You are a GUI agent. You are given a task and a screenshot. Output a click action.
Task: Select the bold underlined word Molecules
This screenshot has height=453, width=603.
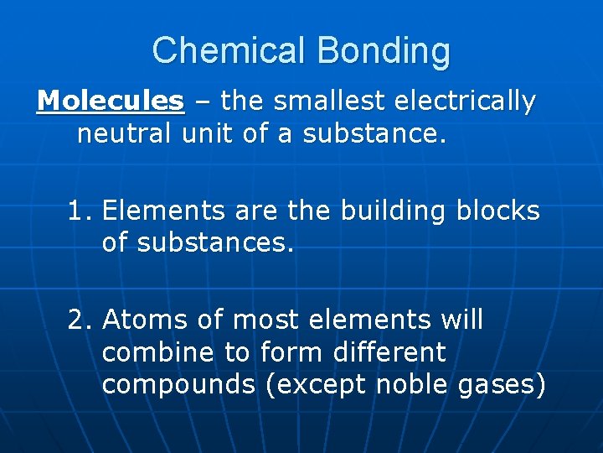pos(111,102)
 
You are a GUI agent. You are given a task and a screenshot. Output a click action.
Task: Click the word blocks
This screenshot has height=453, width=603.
pos(498,211)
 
